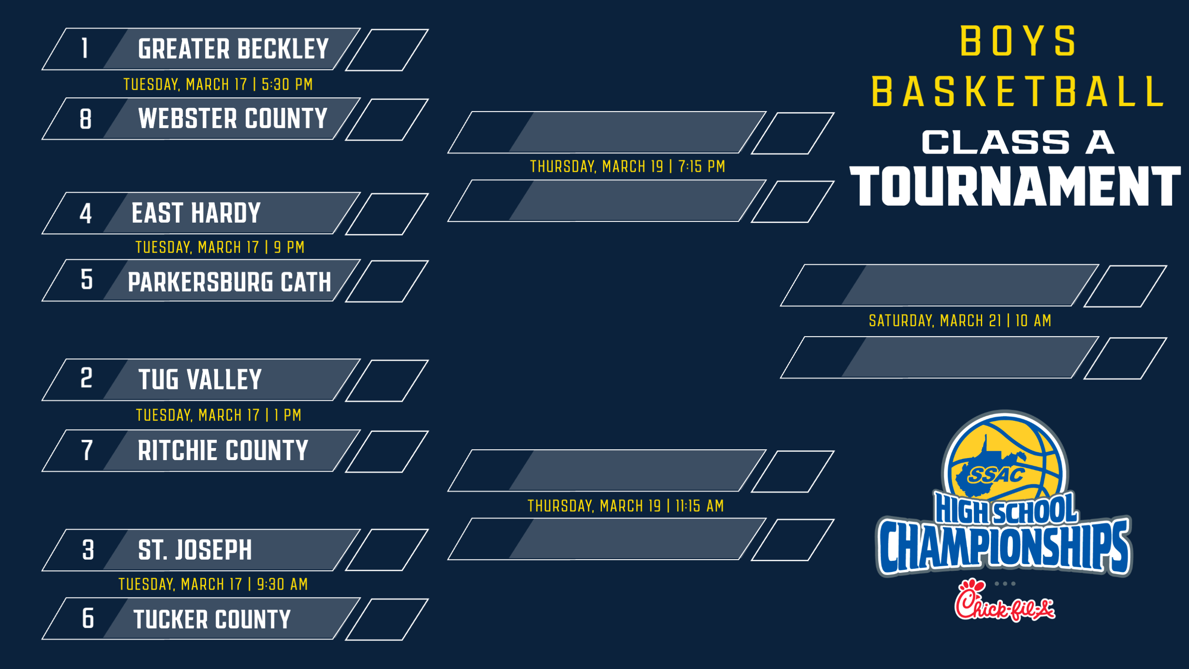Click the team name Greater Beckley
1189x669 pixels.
233,49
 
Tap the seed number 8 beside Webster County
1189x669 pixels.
86,119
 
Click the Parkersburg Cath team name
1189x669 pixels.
230,282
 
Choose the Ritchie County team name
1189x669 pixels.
223,450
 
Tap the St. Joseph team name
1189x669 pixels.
195,550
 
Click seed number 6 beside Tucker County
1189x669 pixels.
88,618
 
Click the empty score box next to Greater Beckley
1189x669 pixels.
387,50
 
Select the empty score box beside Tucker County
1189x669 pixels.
387,619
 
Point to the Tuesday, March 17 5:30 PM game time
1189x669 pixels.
218,85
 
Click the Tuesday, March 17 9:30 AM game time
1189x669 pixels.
213,584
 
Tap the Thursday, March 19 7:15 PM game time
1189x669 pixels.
628,166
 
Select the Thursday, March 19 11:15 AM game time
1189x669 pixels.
626,506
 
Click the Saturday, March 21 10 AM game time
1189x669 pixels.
960,320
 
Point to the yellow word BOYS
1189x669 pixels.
1018,41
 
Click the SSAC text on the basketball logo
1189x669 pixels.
997,474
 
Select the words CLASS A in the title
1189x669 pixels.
1018,142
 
